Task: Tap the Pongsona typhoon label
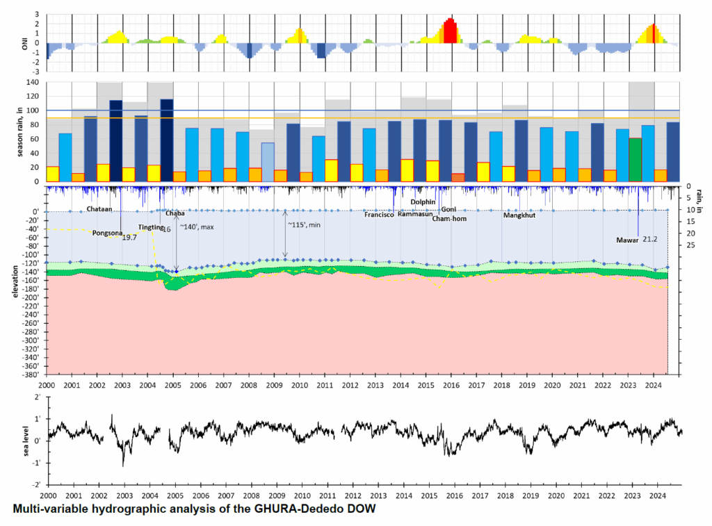106,233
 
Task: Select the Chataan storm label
101,209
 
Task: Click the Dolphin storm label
423,202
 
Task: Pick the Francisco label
380,215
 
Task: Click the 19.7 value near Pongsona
129,238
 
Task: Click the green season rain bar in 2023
635,160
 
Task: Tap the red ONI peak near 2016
450,31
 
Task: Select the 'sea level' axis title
27,439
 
